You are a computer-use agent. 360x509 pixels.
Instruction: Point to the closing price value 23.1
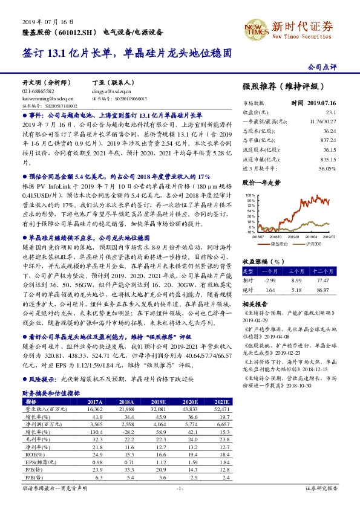click(330, 112)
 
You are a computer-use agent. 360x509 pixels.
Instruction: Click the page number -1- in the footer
click(179, 504)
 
